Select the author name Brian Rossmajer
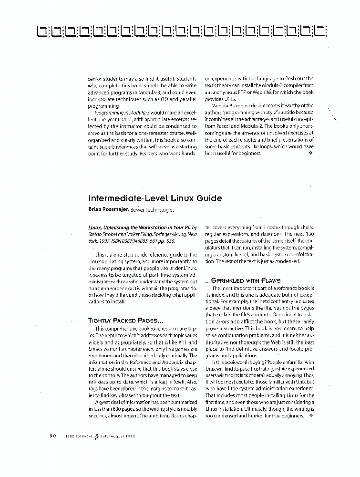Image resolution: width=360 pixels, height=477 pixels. [x=108, y=209]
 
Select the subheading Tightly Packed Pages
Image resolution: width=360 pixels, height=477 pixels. [x=119, y=321]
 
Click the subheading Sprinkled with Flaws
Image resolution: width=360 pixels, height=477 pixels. [x=243, y=280]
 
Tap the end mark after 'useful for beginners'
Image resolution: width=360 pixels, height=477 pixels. [x=311, y=154]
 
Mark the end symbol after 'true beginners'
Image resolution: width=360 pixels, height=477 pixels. [x=310, y=415]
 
